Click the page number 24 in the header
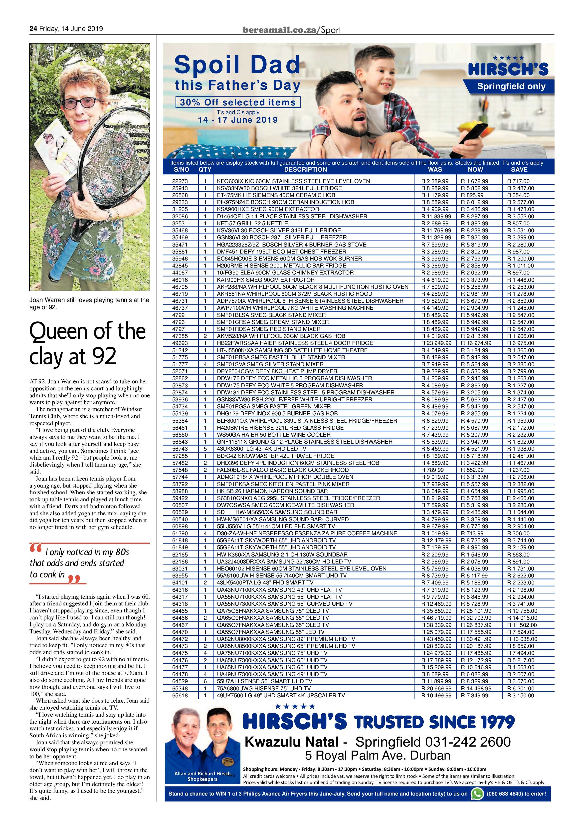point(33,29)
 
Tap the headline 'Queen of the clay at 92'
point(87,344)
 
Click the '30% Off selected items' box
point(238,102)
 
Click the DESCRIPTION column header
point(305,169)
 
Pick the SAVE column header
point(519,169)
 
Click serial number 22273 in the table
point(181,181)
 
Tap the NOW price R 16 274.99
point(476,343)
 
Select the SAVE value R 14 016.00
point(522,618)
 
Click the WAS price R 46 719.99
point(436,618)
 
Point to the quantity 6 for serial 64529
point(205,681)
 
